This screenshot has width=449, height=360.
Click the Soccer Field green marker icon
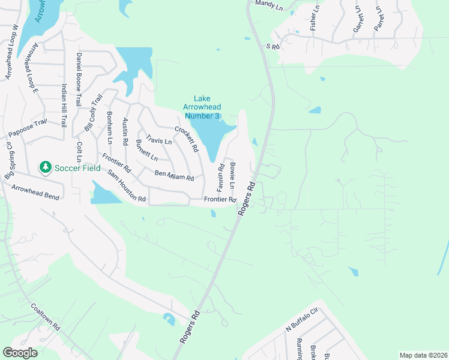pos(45,167)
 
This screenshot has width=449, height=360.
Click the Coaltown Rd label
pos(47,317)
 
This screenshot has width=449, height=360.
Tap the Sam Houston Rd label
pos(127,185)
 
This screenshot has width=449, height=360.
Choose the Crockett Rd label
pos(187,139)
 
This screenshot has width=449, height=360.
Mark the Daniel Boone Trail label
pos(79,80)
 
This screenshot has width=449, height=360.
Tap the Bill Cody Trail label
pos(94,112)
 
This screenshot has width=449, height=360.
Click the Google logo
pos(20,353)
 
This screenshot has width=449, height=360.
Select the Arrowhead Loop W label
pos(12,52)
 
